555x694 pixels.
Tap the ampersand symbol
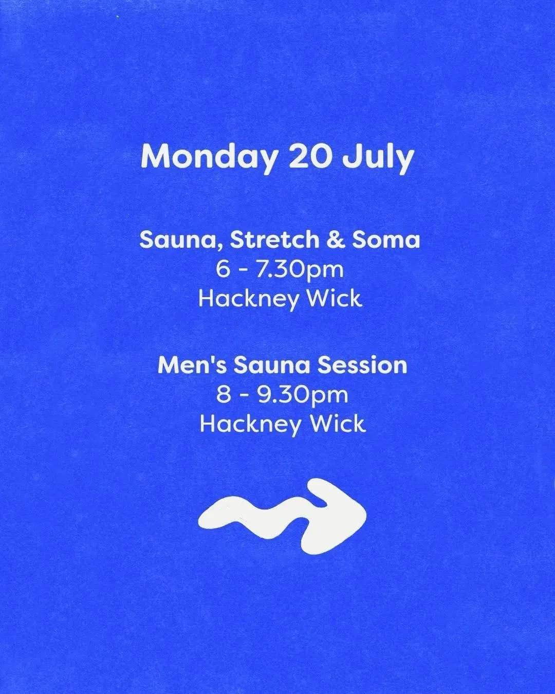[x=336, y=240]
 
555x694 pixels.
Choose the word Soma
[x=386, y=240]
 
